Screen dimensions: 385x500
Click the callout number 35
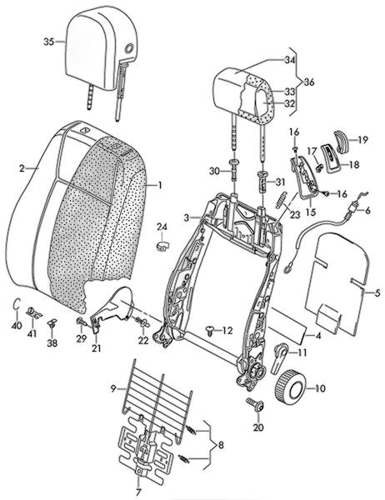[49, 42]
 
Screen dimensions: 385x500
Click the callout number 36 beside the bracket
[308, 82]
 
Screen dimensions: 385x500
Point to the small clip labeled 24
[162, 246]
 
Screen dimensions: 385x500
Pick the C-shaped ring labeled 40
[15, 304]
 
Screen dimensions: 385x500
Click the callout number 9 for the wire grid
[112, 388]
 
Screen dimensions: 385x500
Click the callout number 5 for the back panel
[377, 293]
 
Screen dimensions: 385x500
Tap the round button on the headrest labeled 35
[130, 48]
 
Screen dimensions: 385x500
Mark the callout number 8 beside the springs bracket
[221, 445]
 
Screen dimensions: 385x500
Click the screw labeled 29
[81, 322]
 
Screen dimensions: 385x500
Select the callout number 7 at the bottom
[138, 492]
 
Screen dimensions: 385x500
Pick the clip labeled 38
[52, 323]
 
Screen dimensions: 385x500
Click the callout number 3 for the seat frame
[187, 218]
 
